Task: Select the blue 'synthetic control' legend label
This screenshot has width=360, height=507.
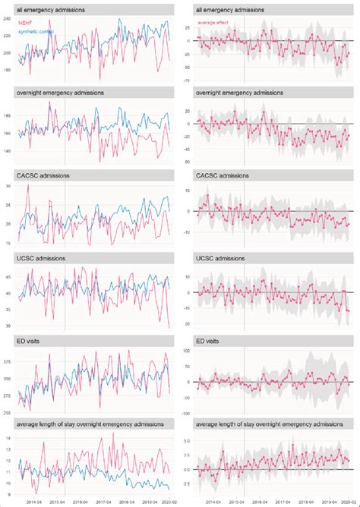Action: [x=36, y=30]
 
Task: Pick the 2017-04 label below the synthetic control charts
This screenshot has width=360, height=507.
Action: [x=102, y=502]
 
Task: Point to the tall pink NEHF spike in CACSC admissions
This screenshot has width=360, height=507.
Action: [x=28, y=186]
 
